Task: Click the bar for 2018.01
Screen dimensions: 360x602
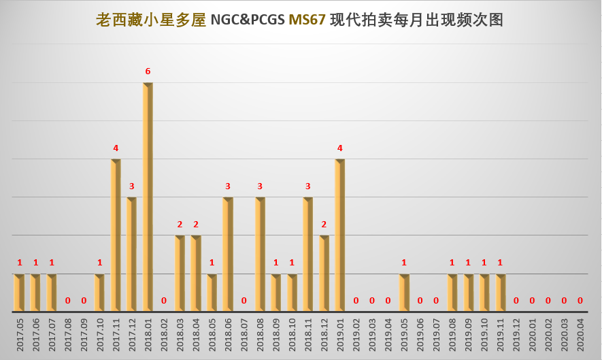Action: point(148,197)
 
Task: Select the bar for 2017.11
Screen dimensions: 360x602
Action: point(116,235)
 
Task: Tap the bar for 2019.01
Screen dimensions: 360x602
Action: point(339,235)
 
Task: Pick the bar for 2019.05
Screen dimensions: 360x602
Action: point(404,293)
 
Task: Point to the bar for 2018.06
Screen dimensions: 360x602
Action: point(228,255)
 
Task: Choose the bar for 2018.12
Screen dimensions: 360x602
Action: point(324,274)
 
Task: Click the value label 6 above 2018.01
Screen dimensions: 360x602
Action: point(148,71)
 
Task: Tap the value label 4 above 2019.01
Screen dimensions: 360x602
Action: point(339,148)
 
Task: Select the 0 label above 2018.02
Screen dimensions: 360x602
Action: point(164,300)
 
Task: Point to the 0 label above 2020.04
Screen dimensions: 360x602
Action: point(580,300)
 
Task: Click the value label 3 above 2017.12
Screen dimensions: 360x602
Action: point(132,186)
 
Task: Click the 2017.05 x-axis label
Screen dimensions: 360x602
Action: point(20,336)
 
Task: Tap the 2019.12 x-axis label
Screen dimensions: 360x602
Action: point(516,336)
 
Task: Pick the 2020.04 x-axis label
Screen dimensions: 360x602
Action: point(580,336)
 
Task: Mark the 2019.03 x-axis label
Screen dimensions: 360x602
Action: point(372,336)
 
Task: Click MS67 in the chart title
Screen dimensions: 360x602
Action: point(307,20)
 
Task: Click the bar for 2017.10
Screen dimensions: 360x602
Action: point(99,293)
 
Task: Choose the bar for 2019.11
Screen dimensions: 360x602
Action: point(500,293)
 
